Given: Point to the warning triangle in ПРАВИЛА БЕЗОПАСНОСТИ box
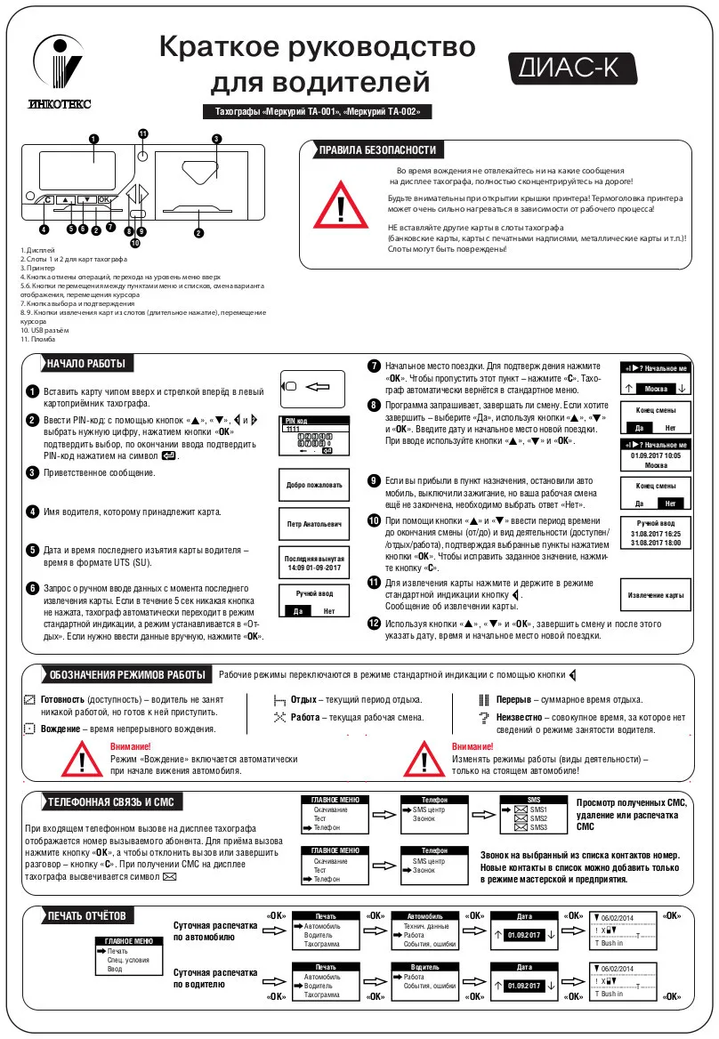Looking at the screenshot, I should pyautogui.click(x=342, y=208).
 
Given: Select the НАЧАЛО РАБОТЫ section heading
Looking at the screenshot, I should pyautogui.click(x=86, y=364).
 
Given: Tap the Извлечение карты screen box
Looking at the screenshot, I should pyautogui.click(x=655, y=594).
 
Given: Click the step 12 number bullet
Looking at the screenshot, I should pyautogui.click(x=375, y=624).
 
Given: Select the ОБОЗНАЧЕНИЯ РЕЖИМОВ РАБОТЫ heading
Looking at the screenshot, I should pyautogui.click(x=127, y=675).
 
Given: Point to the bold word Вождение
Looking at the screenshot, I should pyautogui.click(x=61, y=729).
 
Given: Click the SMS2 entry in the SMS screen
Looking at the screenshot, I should pyautogui.click(x=538, y=818).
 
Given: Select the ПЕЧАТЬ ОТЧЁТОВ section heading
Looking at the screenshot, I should pyautogui.click(x=86, y=915).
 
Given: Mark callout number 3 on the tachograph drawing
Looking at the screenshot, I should pyautogui.click(x=216, y=138).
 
